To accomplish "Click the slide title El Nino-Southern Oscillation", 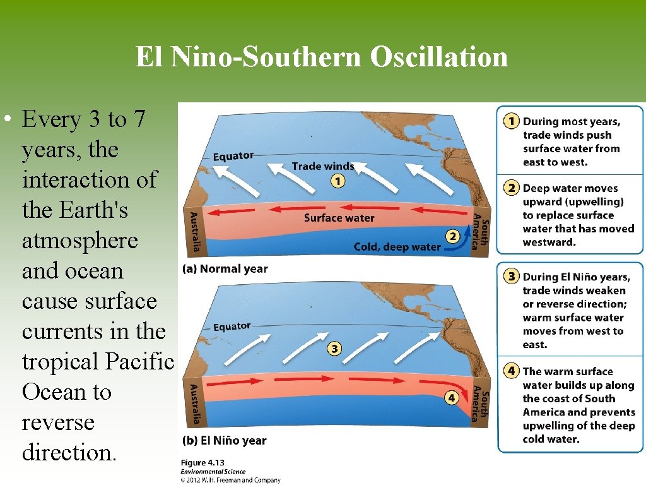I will (x=322, y=57).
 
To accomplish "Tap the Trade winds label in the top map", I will (x=322, y=166).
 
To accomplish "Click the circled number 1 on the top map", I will (x=338, y=181).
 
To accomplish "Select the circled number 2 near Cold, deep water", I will (x=452, y=237).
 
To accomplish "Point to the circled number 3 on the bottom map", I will (x=334, y=349).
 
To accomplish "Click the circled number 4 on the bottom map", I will (x=450, y=398).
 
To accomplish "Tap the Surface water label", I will (x=339, y=218).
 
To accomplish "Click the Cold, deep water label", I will (x=397, y=246).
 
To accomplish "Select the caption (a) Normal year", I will (x=225, y=269).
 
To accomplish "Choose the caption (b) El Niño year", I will (x=224, y=440).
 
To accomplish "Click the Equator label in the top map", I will (x=233, y=156).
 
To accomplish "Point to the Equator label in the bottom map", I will (x=232, y=327).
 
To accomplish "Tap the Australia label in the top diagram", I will (x=195, y=232).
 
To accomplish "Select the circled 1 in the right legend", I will (x=512, y=121).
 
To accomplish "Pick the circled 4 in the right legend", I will (x=512, y=371).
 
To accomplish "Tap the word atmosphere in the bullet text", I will (x=79, y=241).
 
